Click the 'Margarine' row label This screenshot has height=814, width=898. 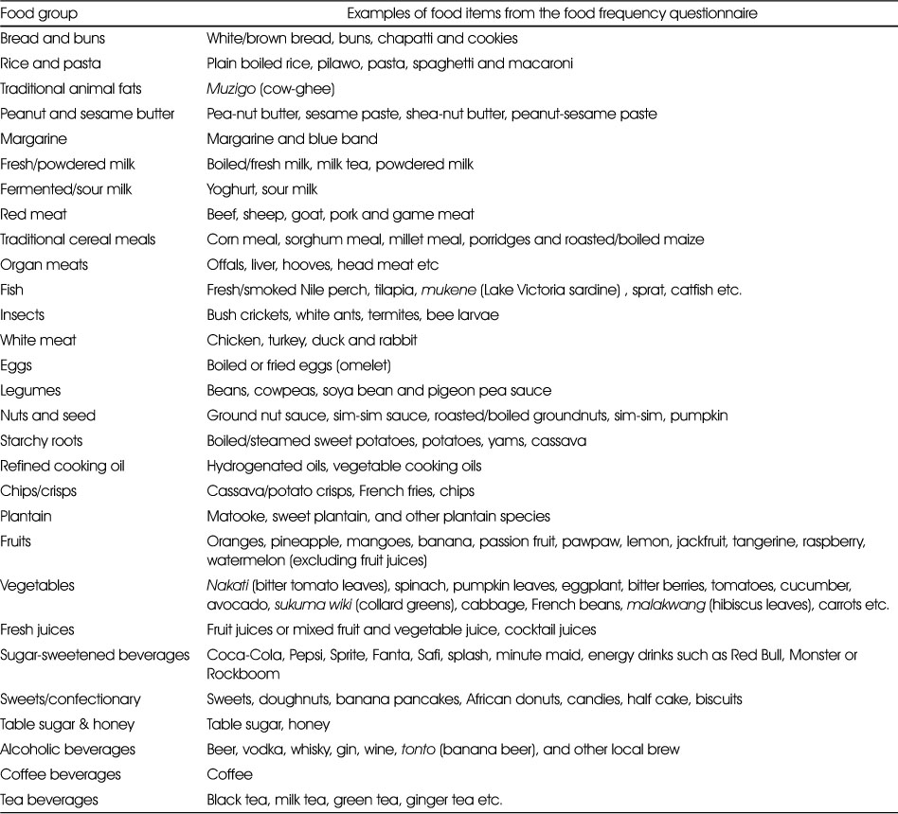click(x=33, y=139)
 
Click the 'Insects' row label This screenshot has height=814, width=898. click(x=23, y=315)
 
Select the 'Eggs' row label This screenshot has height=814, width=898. click(x=18, y=365)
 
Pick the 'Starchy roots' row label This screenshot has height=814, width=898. click(x=42, y=441)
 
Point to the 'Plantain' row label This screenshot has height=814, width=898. click(x=27, y=517)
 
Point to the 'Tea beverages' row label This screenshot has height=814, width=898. click(x=49, y=800)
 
